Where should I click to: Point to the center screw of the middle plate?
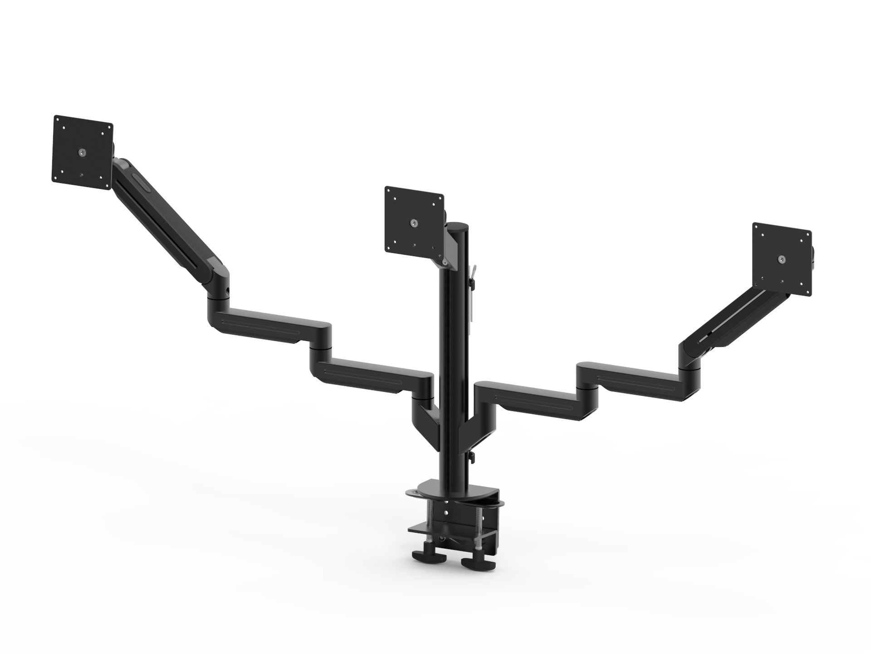(x=414, y=223)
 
